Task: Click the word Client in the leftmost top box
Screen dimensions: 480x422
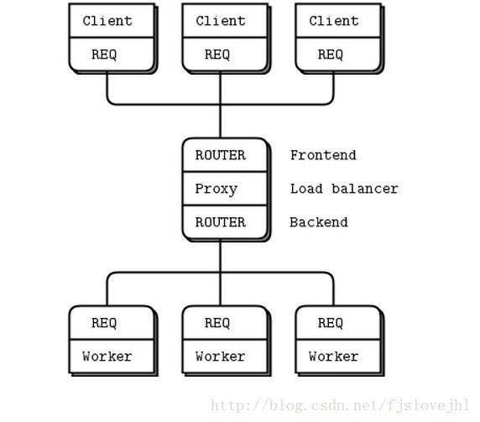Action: click(107, 21)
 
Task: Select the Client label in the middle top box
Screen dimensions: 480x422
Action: click(221, 21)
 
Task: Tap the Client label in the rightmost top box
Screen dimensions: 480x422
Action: click(334, 21)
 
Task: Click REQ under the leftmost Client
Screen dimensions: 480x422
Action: click(104, 55)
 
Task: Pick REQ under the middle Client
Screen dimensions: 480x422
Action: click(217, 55)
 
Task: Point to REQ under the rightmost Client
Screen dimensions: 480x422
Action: click(331, 55)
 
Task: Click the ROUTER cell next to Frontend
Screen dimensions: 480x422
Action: click(225, 155)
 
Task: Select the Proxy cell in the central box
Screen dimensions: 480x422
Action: click(225, 189)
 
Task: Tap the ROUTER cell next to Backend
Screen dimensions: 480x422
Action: click(225, 222)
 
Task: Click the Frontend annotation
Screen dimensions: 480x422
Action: click(323, 155)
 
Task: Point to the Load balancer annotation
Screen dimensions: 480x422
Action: click(344, 189)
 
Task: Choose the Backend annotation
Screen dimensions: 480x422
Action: click(319, 222)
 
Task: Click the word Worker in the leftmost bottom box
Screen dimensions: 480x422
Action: click(107, 357)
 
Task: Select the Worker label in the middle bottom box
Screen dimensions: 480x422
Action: click(221, 357)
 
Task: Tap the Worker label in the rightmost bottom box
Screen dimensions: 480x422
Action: click(334, 357)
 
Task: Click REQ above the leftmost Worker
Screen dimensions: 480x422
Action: click(104, 323)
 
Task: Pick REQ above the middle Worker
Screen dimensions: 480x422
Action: click(217, 323)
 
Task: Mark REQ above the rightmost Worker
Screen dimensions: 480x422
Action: click(331, 323)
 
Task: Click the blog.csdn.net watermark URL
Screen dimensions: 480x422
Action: click(340, 405)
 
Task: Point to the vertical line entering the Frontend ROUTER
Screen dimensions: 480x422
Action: click(220, 105)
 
